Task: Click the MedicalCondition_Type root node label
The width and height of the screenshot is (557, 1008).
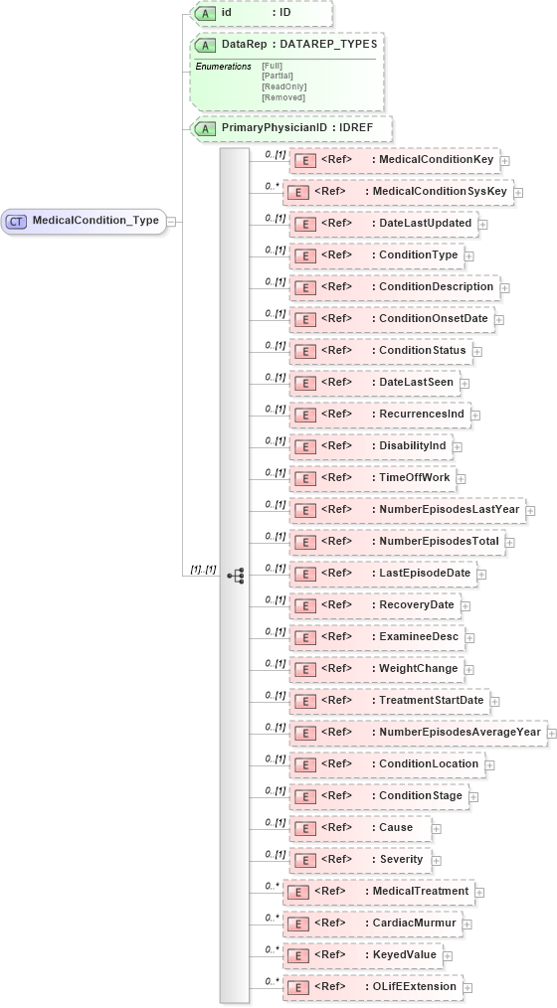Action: (x=95, y=221)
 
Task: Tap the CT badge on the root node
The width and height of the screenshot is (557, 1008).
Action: (x=16, y=221)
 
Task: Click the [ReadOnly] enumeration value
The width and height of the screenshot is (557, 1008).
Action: (x=283, y=86)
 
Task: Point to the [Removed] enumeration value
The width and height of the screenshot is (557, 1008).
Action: (x=282, y=97)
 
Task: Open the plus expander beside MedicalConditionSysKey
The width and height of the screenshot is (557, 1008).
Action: (x=518, y=192)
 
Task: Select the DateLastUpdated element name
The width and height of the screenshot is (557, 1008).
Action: (x=425, y=223)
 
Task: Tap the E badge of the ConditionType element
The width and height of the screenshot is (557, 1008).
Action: (x=306, y=255)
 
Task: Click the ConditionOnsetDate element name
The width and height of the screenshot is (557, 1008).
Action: (x=435, y=318)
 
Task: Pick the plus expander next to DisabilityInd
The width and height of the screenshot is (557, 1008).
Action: (x=457, y=446)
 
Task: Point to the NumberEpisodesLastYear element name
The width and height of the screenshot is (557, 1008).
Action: (x=449, y=509)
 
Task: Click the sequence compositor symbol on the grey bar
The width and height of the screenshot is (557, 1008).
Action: (x=236, y=576)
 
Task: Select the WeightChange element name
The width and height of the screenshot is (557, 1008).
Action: (x=418, y=668)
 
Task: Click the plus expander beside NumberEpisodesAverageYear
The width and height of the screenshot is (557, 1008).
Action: (x=551, y=733)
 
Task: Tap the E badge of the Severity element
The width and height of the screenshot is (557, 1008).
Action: (x=306, y=860)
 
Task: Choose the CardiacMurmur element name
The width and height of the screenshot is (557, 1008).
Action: (x=414, y=923)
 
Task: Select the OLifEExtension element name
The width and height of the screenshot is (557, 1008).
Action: (x=415, y=986)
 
